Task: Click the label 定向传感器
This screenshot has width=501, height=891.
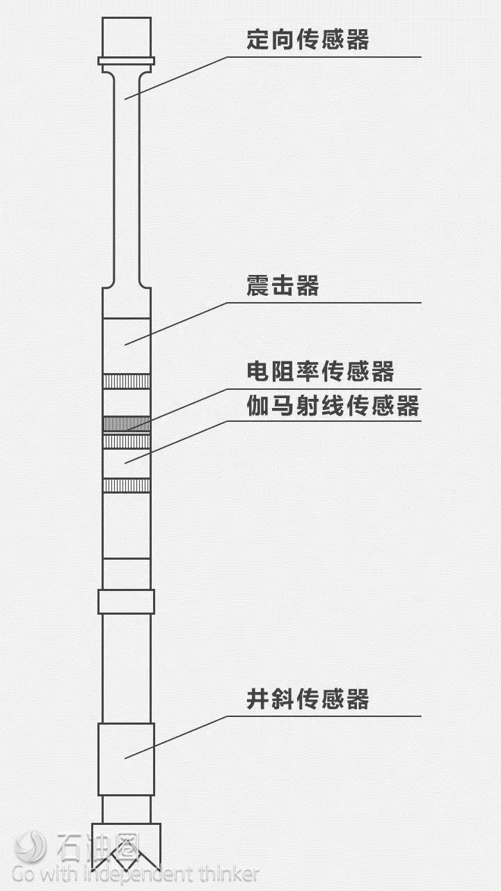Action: pyautogui.click(x=308, y=40)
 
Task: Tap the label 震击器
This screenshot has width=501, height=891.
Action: pyautogui.click(x=283, y=285)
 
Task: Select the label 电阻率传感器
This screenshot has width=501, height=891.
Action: pyautogui.click(x=321, y=371)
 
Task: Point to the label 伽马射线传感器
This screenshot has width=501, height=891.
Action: pyautogui.click(x=333, y=405)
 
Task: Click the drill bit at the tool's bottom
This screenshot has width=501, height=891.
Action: pyautogui.click(x=127, y=846)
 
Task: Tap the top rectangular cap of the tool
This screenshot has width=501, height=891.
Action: pyautogui.click(x=127, y=38)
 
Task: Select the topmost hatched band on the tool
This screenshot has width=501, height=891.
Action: pyautogui.click(x=127, y=381)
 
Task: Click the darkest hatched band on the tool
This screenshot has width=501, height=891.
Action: pyautogui.click(x=127, y=424)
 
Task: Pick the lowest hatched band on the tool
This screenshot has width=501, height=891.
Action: pyautogui.click(x=127, y=485)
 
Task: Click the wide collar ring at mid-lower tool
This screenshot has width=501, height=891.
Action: pyautogui.click(x=127, y=602)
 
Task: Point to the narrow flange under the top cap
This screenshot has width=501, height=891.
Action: pyautogui.click(x=127, y=61)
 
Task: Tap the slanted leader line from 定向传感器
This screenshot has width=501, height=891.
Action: pyautogui.click(x=176, y=78)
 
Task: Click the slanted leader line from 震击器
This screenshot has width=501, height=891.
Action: pyautogui.click(x=176, y=324)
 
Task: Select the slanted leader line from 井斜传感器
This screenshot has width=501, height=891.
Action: pyautogui.click(x=176, y=737)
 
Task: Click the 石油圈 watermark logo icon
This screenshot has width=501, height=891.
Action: pyautogui.click(x=31, y=846)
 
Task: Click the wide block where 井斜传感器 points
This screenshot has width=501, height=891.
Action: pyautogui.click(x=127, y=759)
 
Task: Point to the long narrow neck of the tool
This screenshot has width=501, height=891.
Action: pyautogui.click(x=127, y=179)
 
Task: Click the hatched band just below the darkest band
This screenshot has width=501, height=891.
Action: pyautogui.click(x=127, y=441)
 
